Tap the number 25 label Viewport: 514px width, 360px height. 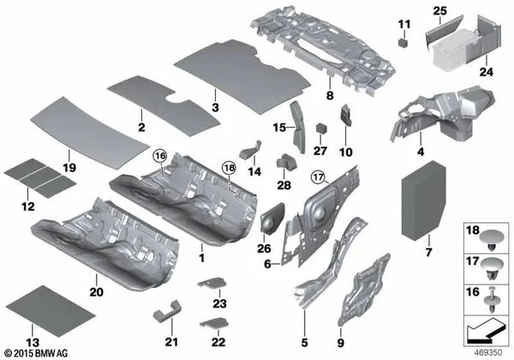coord(439,10)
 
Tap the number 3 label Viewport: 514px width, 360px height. coord(215,110)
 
